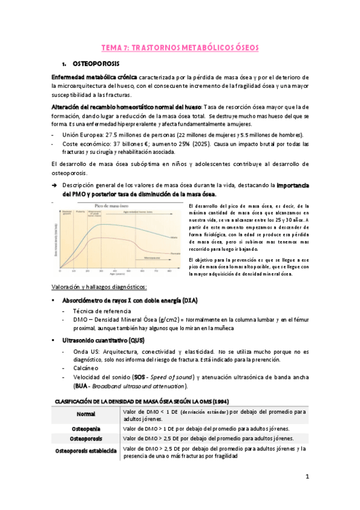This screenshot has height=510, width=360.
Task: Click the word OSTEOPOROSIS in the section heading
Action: (x=96, y=63)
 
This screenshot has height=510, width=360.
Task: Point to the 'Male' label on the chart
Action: (x=174, y=238)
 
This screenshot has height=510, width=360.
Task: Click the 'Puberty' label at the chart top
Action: (x=81, y=211)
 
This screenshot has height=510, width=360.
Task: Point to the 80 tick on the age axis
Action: (x=169, y=271)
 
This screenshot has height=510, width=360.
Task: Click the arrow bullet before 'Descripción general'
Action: (x=54, y=186)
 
